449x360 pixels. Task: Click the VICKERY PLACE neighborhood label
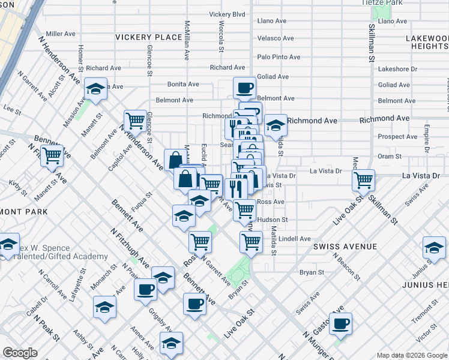point(149,37)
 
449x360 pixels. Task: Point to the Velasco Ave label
point(275,38)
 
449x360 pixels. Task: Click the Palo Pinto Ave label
point(279,57)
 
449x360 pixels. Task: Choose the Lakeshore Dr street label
point(397,69)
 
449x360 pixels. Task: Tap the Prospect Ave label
point(397,137)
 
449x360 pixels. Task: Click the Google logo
point(20,353)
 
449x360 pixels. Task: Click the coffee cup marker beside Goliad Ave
point(244,88)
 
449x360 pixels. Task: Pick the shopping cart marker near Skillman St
point(363,179)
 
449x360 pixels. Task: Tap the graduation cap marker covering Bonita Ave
point(95,89)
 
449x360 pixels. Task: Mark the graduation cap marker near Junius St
point(434,247)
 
